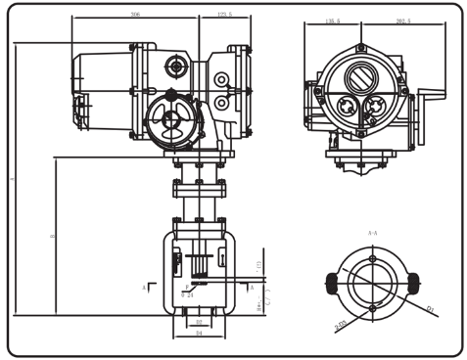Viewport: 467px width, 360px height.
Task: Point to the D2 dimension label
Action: (198, 322)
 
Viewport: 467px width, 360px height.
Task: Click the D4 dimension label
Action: (198, 335)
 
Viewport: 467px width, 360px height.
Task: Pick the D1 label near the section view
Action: (430, 311)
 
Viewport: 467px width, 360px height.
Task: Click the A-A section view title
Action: (373, 235)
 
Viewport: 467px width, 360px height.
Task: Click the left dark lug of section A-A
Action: (331, 283)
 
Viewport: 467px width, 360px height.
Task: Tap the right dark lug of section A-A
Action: (414, 283)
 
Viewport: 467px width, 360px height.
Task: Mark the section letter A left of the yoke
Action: (143, 289)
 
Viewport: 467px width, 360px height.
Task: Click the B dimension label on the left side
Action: (52, 236)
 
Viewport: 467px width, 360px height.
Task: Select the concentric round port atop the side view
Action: (176, 66)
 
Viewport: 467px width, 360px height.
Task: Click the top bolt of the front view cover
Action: (361, 48)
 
